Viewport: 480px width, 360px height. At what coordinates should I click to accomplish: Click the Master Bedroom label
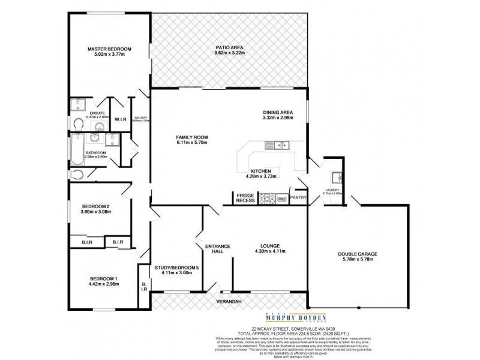click(x=109, y=49)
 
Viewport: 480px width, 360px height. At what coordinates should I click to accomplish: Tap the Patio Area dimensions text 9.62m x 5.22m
click(x=230, y=53)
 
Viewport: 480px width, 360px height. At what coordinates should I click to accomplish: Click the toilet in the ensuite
click(x=78, y=123)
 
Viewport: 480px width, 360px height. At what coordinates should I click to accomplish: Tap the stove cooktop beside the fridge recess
click(x=266, y=198)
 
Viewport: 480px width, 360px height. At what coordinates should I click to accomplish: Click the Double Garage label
click(x=357, y=254)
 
